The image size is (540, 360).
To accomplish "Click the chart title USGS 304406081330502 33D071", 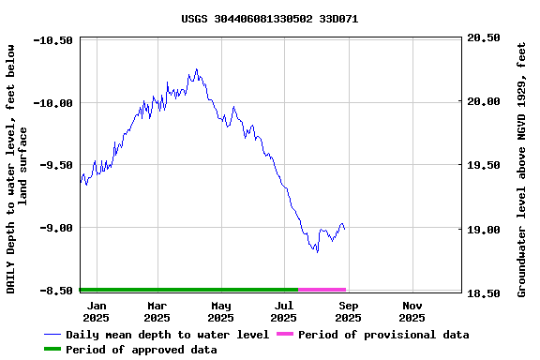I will [x=269, y=19].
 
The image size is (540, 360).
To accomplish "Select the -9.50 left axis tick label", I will [x=56, y=165].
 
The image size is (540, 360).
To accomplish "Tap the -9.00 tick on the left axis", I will [x=56, y=228].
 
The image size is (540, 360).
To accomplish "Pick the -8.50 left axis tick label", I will [x=56, y=291].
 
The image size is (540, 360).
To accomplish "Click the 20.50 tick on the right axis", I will [x=484, y=38].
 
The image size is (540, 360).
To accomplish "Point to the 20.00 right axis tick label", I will [x=484, y=102].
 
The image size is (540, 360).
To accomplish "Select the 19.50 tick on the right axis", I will [x=484, y=166].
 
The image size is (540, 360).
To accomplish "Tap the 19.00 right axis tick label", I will [x=484, y=230].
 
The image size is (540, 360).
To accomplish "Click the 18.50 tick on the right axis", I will [x=484, y=293].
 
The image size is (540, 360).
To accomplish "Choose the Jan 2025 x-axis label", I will [x=96, y=311].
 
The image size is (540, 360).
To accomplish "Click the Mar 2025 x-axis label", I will [x=157, y=311].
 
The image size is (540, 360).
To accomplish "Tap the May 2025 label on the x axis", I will [x=220, y=311].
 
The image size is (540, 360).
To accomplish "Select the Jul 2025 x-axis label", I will [x=284, y=311].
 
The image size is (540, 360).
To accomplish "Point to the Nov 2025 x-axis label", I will [x=412, y=311].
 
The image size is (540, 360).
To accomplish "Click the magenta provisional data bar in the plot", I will [x=322, y=290].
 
